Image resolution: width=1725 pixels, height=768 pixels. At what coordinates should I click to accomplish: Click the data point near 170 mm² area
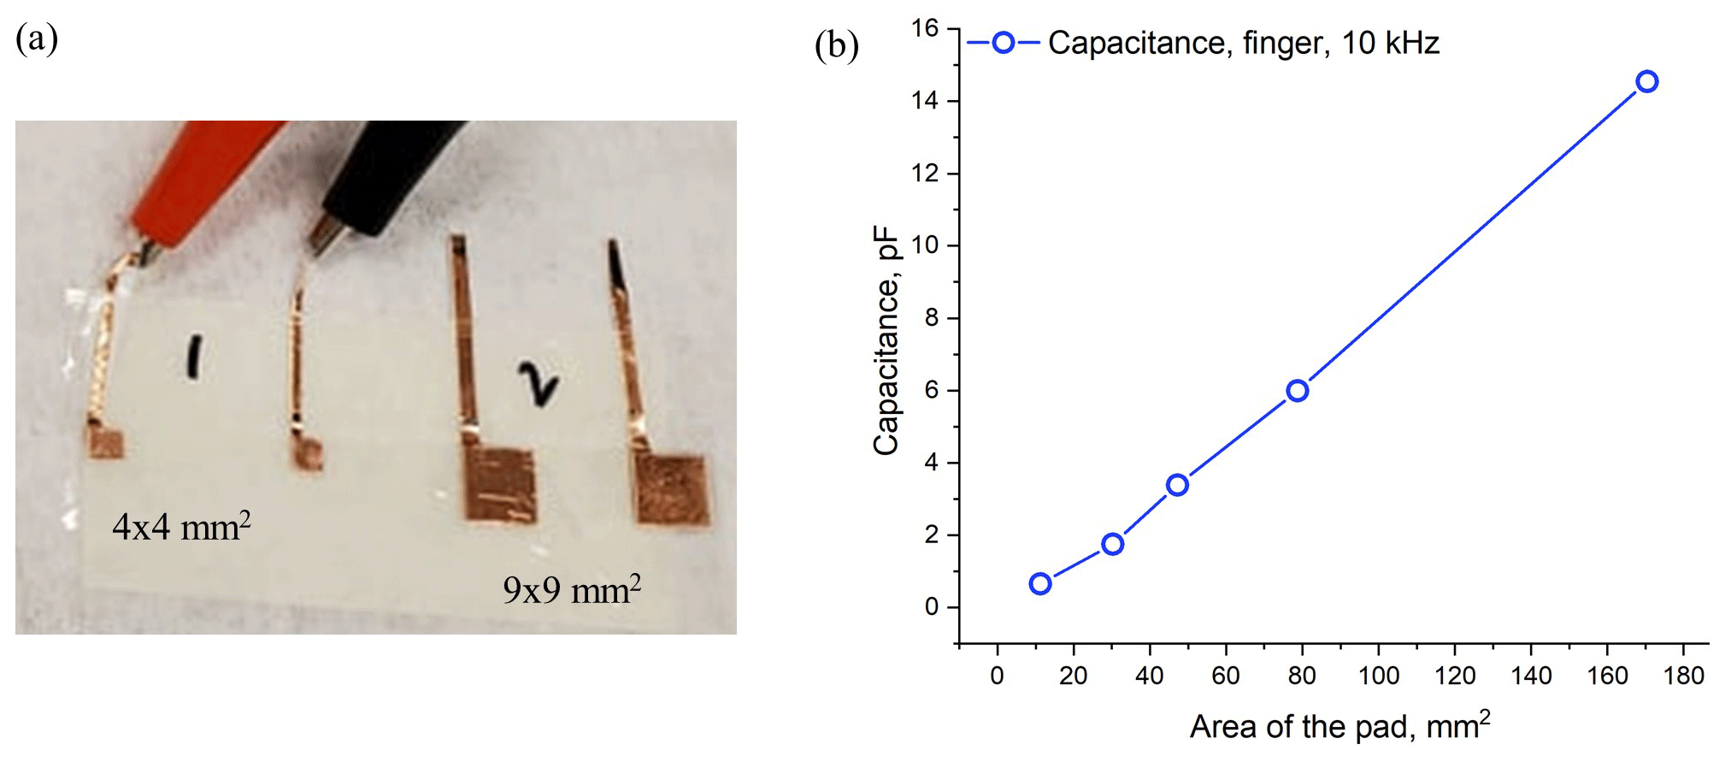[x=1646, y=82]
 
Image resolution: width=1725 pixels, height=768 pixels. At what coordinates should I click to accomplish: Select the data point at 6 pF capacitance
[x=1297, y=391]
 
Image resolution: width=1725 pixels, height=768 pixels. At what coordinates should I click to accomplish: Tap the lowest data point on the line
[x=1039, y=584]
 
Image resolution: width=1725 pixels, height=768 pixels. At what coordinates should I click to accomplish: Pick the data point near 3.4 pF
[x=1177, y=485]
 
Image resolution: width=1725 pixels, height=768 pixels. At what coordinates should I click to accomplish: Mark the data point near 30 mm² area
[x=1112, y=544]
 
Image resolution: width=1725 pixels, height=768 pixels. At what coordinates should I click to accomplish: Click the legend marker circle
[x=1004, y=43]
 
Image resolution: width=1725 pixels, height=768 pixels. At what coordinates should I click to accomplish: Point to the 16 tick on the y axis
[x=925, y=29]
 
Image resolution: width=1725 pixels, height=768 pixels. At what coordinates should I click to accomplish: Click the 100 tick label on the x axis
[x=1378, y=676]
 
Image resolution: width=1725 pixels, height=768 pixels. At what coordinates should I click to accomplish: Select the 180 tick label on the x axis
[x=1683, y=676]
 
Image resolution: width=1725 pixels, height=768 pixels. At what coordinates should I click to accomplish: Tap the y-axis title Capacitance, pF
[x=886, y=340]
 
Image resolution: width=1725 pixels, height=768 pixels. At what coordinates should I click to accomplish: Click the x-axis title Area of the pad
[x=1339, y=726]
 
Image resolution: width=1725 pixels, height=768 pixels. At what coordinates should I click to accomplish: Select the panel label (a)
[x=37, y=39]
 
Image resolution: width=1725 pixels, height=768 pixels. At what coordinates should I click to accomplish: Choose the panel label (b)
[x=836, y=45]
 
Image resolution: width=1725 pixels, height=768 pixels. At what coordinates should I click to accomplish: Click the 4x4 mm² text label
[x=181, y=527]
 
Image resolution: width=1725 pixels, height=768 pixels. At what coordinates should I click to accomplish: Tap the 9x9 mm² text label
[x=572, y=590]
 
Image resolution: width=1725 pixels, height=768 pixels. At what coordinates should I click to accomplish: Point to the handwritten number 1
[x=195, y=357]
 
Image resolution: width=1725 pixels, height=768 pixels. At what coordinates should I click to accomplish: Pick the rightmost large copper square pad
[x=672, y=488]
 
